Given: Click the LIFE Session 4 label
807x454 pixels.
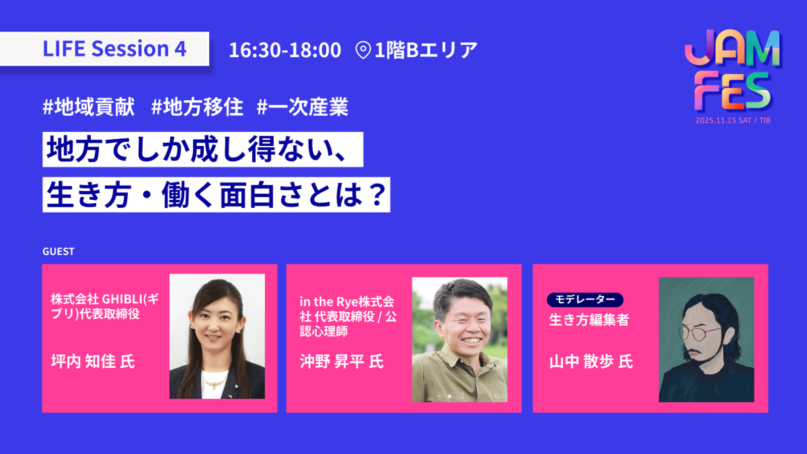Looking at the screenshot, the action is click(x=114, y=48).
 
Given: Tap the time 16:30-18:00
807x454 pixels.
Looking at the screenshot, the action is click(x=285, y=50).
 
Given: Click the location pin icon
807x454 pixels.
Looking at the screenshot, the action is click(x=363, y=50).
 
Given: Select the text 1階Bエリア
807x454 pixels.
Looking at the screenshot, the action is click(x=426, y=50).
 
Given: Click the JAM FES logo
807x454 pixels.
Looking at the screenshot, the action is click(x=732, y=70).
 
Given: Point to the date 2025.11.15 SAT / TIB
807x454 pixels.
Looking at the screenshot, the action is click(x=733, y=121).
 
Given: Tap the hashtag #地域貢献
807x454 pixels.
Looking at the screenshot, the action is click(x=89, y=106).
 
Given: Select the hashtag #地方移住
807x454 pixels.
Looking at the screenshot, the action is click(x=197, y=106).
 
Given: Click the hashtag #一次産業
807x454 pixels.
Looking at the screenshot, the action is click(x=302, y=106).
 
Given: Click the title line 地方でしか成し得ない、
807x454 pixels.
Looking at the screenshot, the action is click(x=197, y=149).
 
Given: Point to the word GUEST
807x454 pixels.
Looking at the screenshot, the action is click(x=59, y=252).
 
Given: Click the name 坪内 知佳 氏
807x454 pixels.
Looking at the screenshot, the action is click(x=93, y=361).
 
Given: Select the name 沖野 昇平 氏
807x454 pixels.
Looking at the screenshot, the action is click(x=341, y=361).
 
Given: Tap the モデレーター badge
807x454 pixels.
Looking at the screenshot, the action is click(x=585, y=300).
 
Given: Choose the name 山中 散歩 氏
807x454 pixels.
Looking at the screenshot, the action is click(x=591, y=361).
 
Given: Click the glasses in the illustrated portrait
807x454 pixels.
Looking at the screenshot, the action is click(x=698, y=333).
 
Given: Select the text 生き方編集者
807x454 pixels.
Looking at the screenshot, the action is click(x=589, y=320).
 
